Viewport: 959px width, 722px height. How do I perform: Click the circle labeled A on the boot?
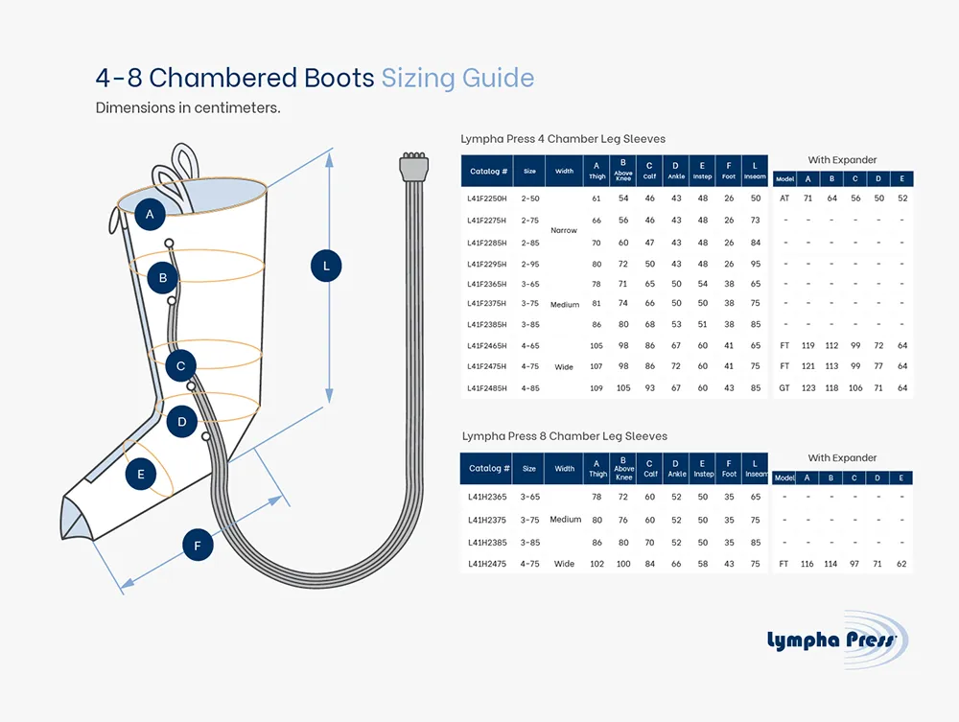(150, 215)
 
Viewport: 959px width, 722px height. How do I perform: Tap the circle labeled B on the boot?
(163, 279)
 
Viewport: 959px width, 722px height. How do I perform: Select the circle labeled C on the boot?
(180, 365)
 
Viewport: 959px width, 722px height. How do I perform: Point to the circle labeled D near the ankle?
(182, 421)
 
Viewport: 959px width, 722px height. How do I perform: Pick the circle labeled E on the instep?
(141, 475)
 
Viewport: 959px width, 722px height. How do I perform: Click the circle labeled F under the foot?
(198, 547)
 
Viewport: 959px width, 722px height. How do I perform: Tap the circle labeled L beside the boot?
(326, 266)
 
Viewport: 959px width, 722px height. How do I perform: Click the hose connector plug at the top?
(413, 169)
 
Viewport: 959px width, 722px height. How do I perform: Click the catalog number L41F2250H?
(487, 198)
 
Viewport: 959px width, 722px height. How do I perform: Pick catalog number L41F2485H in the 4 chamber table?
(487, 388)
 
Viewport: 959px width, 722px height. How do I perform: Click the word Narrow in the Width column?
(564, 231)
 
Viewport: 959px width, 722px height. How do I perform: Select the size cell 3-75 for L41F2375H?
(530, 304)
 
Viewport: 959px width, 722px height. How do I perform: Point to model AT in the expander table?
(784, 198)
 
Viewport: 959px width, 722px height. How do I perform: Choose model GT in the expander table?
(784, 388)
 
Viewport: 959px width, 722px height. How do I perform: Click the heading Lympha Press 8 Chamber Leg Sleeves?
(564, 436)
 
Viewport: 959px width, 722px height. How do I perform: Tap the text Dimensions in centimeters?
(188, 107)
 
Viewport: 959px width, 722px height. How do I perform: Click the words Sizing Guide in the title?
(457, 78)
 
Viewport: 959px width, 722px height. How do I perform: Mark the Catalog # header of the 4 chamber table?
(489, 172)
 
